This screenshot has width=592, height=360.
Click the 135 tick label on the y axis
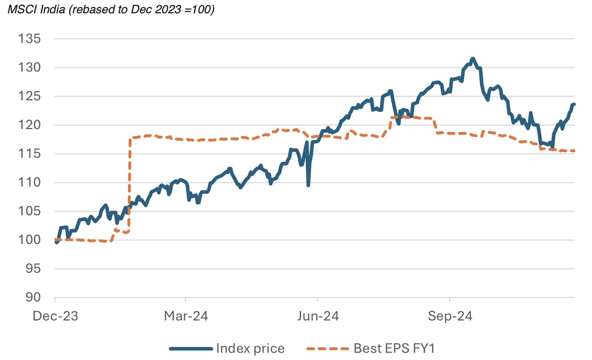[30, 39]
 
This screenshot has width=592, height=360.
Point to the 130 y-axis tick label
[30, 68]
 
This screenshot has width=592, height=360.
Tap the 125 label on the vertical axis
[30, 96]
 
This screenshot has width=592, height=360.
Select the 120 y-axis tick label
[30, 125]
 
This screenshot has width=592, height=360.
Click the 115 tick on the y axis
[30, 154]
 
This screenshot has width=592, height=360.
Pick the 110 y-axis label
[30, 183]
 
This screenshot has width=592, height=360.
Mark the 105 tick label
[30, 211]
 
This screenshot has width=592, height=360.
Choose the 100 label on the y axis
[30, 240]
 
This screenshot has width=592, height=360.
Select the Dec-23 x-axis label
[55, 316]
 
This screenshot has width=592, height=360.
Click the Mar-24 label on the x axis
[186, 316]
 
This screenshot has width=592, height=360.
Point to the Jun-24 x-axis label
[317, 316]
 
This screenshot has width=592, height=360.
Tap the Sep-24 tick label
[450, 316]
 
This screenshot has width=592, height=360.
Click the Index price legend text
[250, 349]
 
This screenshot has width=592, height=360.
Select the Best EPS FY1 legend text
[395, 349]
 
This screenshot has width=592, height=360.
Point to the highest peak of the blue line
[473, 59]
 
